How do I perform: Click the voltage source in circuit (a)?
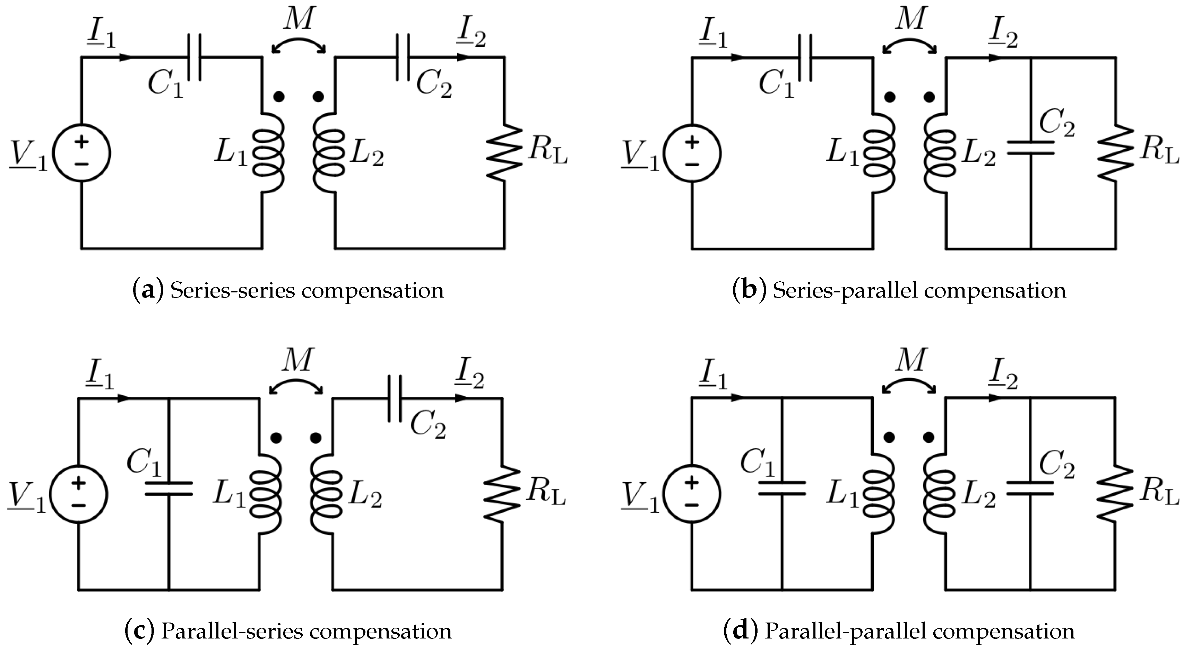point(82,153)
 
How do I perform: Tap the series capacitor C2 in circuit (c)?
point(394,398)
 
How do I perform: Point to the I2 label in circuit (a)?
point(471,36)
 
